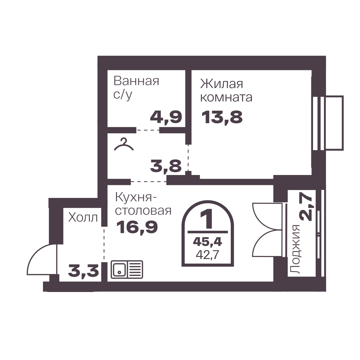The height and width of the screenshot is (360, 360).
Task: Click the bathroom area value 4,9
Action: tap(166, 117)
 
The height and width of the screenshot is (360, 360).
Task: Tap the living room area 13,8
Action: tap(222, 117)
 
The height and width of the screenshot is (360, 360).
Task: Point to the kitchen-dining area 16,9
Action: tap(137, 227)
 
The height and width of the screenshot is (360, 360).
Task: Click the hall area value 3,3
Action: tap(84, 271)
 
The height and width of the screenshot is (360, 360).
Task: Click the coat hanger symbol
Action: tap(124, 145)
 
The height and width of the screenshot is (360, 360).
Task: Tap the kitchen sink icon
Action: tap(127, 269)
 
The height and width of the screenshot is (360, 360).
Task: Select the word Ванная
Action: tap(137, 81)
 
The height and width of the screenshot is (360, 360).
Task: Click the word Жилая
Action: tap(221, 84)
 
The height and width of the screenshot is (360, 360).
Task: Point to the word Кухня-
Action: tap(134, 198)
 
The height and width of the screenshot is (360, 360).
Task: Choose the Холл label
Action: tap(83, 217)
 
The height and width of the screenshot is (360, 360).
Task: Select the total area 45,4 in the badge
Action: tap(207, 241)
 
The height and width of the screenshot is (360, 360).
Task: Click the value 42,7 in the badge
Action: tap(207, 255)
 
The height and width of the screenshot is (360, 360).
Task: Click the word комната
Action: tap(226, 97)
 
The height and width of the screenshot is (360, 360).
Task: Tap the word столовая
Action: tap(143, 211)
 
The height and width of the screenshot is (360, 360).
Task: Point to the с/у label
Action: tap(123, 95)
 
